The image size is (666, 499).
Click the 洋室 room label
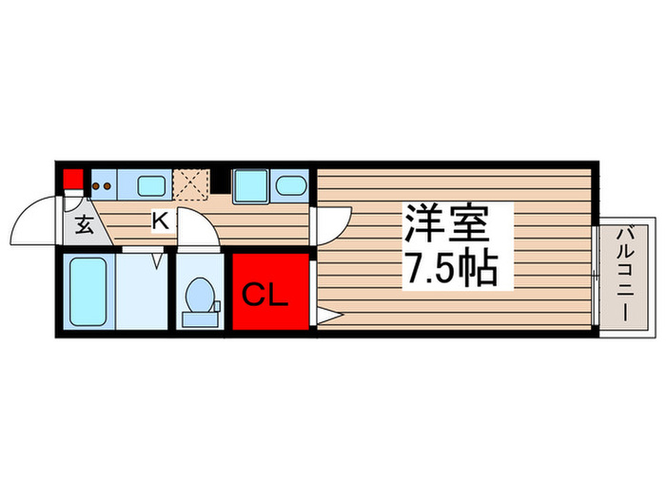446,226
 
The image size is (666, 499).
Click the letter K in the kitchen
161,221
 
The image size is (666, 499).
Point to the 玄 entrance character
84,226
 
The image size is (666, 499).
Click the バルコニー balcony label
626,272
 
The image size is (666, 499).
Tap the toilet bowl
200,295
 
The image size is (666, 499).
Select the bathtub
89,290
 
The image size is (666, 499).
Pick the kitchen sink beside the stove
150,185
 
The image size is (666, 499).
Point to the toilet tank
201,317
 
